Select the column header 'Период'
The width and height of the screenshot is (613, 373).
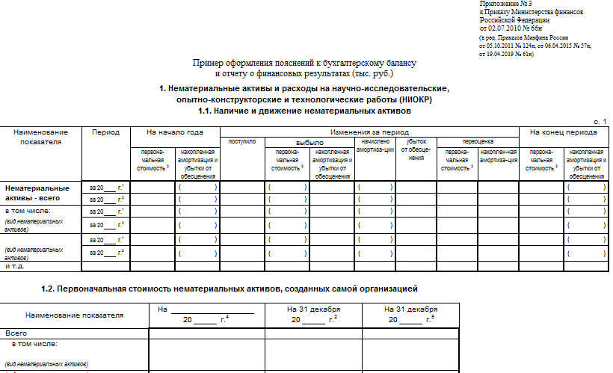pyautogui.click(x=105, y=132)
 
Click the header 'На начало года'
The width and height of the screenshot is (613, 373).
pyautogui.click(x=175, y=132)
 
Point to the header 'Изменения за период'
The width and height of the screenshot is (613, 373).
pyautogui.click(x=369, y=132)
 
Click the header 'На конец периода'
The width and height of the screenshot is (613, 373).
pyautogui.click(x=563, y=132)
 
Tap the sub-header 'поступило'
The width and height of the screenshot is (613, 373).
pyautogui.click(x=241, y=141)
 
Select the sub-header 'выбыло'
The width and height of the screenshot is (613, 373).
pyautogui.click(x=309, y=141)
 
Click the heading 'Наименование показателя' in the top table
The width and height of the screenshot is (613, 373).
pyautogui.click(x=41, y=137)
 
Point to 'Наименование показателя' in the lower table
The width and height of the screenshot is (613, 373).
pyautogui.click(x=74, y=315)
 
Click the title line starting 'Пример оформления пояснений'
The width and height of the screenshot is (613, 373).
pyautogui.click(x=304, y=64)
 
